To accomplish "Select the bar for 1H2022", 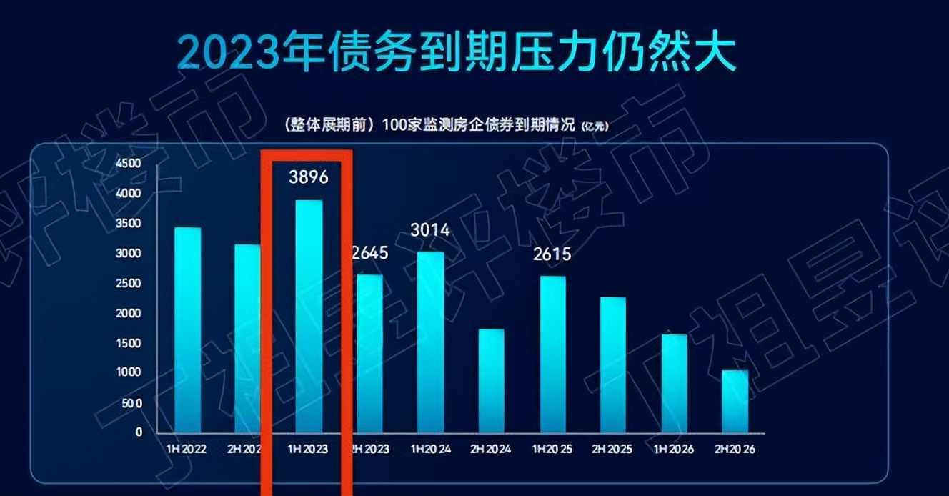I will [x=187, y=329].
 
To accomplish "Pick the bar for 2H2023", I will [x=370, y=353].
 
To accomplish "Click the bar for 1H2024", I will [x=431, y=342].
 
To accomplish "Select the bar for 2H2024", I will [x=492, y=380].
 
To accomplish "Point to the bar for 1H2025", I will [x=552, y=354].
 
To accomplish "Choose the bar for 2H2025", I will [x=613, y=364].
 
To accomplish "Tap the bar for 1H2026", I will [x=674, y=383].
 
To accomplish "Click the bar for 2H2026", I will [x=735, y=401].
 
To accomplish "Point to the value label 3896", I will [x=309, y=177].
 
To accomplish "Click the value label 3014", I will [x=430, y=229].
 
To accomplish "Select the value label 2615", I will [x=552, y=254].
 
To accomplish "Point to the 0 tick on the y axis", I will [x=139, y=432].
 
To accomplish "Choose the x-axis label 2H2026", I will [x=735, y=449].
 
